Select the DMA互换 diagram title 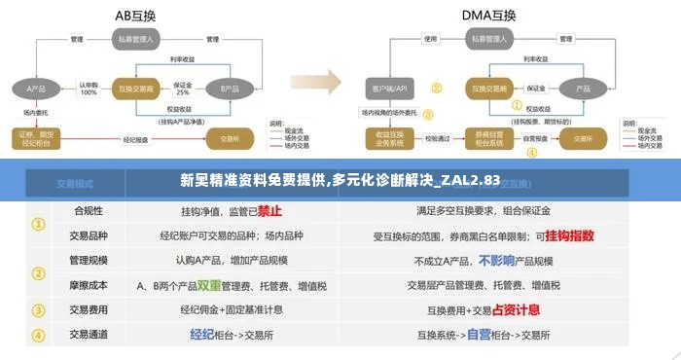click(x=489, y=15)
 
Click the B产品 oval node click(x=230, y=89)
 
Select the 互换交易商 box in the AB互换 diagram click(x=136, y=89)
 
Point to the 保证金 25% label click(x=183, y=89)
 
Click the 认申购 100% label click(x=89, y=89)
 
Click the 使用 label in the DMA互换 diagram click(x=429, y=40)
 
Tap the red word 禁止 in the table click(x=269, y=210)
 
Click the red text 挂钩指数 click(x=570, y=235)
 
